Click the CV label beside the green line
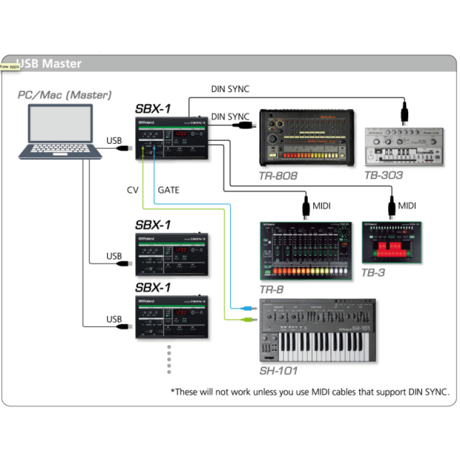[133, 190]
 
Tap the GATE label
[168, 190]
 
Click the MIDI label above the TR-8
[321, 206]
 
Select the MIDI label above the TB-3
[407, 206]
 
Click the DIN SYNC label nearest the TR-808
[230, 117]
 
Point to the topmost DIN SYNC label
[230, 89]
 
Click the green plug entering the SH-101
[247, 317]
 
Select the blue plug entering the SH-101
[247, 308]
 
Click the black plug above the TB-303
[405, 112]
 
